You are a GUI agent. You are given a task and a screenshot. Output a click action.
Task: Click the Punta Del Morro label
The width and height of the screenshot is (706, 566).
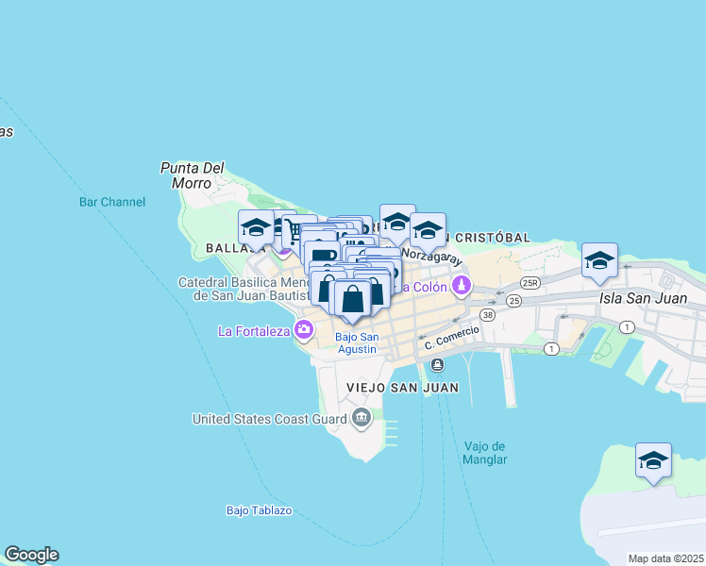pyautogui.click(x=192, y=175)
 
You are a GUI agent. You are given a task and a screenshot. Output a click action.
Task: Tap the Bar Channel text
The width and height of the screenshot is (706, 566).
pyautogui.click(x=112, y=202)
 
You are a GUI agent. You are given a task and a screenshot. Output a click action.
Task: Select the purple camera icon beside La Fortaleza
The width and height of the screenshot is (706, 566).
pyautogui.click(x=304, y=330)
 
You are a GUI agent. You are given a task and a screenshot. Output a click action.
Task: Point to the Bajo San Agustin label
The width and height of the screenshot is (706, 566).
pyautogui.click(x=357, y=343)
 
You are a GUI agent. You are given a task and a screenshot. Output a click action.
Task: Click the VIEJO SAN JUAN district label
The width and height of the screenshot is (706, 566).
pyautogui.click(x=402, y=388)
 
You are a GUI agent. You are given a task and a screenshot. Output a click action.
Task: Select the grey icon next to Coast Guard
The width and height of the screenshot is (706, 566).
pyautogui.click(x=361, y=418)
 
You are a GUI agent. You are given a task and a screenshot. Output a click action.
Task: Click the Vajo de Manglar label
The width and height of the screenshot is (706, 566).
pyautogui.click(x=486, y=453)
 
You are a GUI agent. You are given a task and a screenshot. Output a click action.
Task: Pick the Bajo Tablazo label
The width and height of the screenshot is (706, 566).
pyautogui.click(x=259, y=510)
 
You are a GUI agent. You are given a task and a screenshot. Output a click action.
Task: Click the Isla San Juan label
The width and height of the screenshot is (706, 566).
pyautogui.click(x=651, y=299)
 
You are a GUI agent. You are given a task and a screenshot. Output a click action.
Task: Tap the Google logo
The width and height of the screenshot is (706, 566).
pyautogui.click(x=31, y=555)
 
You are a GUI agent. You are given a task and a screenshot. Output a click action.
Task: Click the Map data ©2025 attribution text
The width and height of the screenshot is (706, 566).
pyautogui.click(x=665, y=558)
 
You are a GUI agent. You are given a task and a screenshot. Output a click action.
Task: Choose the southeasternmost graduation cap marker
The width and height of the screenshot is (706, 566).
pyautogui.click(x=653, y=460)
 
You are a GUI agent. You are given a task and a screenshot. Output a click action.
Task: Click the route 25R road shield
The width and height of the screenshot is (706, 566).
pyautogui.click(x=529, y=282)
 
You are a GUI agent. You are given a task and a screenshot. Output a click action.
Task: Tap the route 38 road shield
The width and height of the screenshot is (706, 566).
pyautogui.click(x=487, y=314)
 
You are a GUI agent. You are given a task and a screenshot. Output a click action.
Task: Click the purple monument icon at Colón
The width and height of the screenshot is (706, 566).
pyautogui.click(x=461, y=285)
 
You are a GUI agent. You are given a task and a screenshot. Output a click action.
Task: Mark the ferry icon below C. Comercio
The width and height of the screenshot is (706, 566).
pyautogui.click(x=437, y=364)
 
